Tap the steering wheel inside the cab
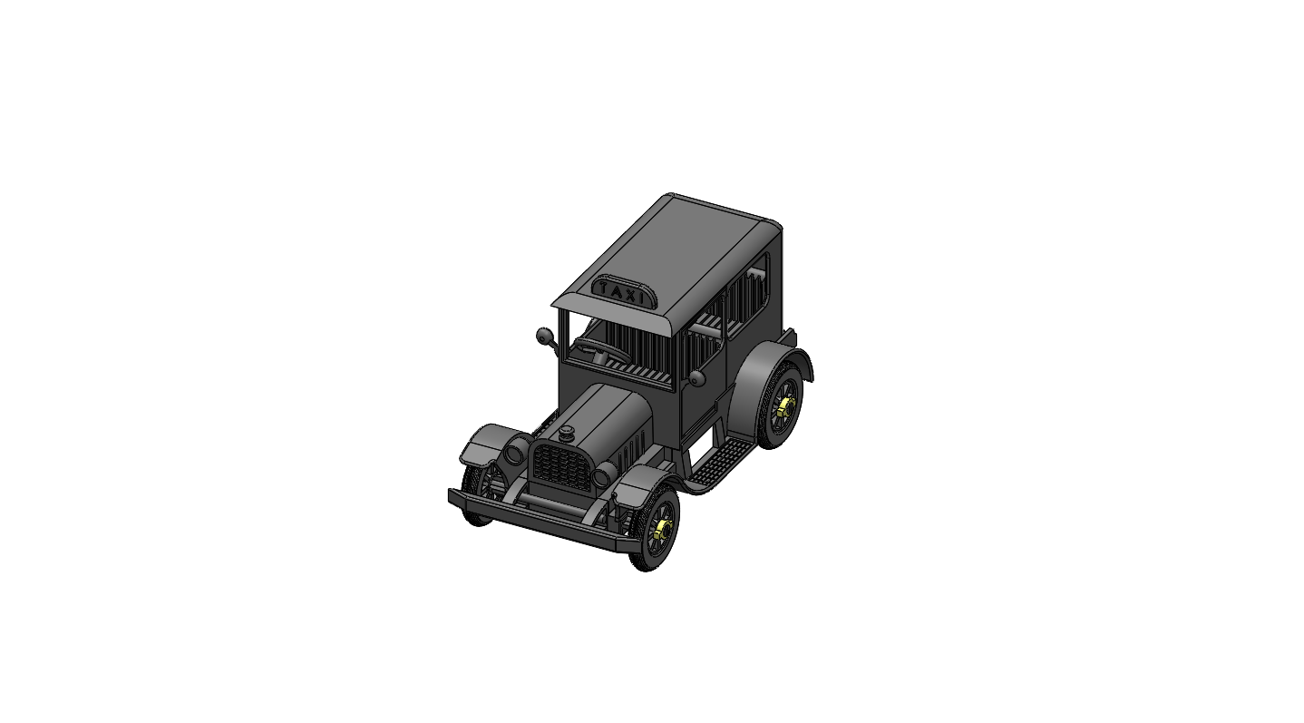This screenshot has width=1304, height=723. coord(601,351)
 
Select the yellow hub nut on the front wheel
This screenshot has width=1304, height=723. coord(663,529)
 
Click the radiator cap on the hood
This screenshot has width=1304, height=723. coord(567,433)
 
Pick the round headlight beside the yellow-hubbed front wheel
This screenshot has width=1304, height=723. coord(602,475)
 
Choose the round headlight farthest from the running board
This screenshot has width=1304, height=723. coord(515,452)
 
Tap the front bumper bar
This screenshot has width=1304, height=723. coord(536,520)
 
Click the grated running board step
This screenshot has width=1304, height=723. coord(722,463)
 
